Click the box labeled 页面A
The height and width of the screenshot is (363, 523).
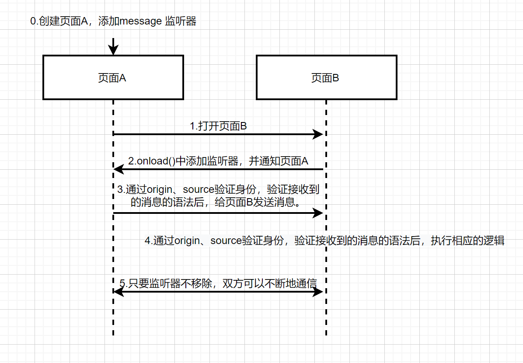tap(113, 77)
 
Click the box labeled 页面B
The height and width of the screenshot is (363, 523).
tap(326, 77)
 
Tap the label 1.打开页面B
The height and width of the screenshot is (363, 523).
tap(218, 126)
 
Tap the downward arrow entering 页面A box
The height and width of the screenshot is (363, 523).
tap(113, 47)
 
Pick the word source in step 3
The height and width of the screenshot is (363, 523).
tap(199, 190)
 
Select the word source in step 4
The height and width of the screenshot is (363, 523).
tap(226, 241)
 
